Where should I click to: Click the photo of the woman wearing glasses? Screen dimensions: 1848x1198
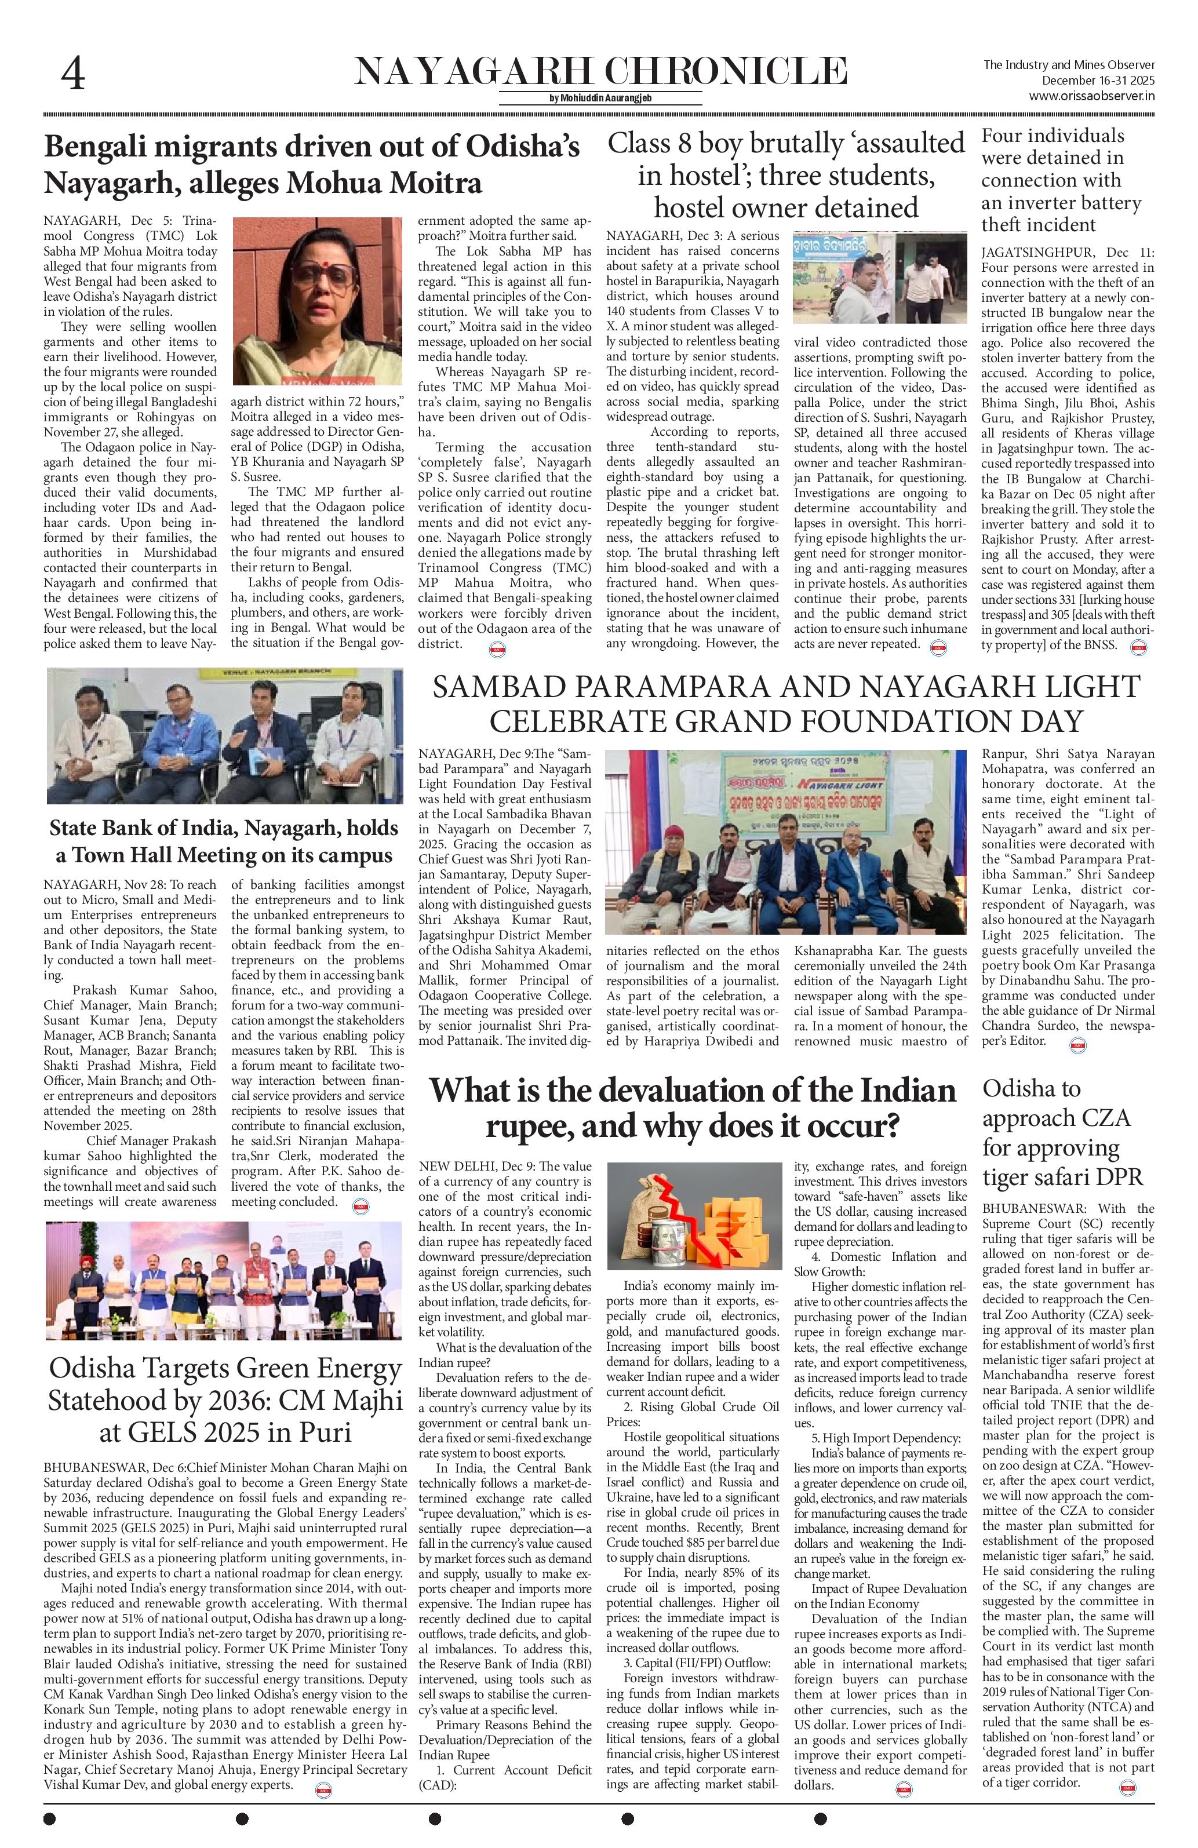pos(317,302)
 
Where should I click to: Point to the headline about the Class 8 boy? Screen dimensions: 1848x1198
pos(786,176)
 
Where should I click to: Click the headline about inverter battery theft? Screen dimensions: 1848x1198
pos(1061,180)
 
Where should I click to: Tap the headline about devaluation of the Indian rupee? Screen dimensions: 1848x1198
pos(693,1108)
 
